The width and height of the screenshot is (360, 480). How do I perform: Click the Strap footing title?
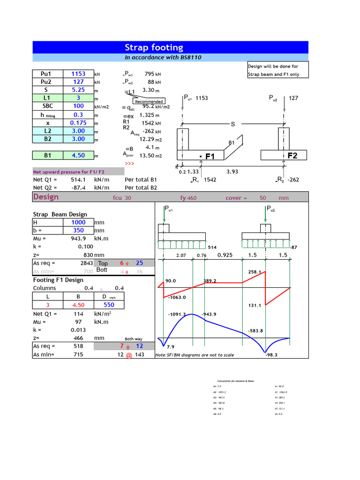pos(154,47)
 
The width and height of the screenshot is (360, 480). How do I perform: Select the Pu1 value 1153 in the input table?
pos(78,74)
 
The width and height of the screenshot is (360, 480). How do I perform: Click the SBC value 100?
pos(78,106)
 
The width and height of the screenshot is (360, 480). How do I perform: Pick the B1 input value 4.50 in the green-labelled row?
pos(78,155)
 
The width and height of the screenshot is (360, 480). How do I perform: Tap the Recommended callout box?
pos(149,101)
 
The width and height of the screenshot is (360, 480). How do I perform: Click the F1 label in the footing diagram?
pos(210,156)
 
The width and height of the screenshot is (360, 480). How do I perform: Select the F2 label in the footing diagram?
pos(292,156)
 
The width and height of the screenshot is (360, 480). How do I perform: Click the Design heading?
pos(46,196)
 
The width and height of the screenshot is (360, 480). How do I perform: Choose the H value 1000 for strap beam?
pos(78,222)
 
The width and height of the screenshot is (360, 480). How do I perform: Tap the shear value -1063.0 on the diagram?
pos(177,297)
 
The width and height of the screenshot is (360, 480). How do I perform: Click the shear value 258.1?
pos(254,272)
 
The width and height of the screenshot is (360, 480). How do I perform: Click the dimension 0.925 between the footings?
pos(225,255)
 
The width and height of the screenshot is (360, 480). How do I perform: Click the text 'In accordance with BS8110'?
pos(163,57)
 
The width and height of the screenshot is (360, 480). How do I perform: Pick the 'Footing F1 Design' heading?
pos(58,280)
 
